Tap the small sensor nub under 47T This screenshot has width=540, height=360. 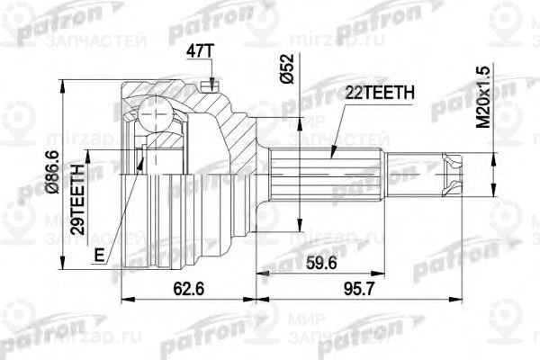pyautogui.click(x=209, y=85)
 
